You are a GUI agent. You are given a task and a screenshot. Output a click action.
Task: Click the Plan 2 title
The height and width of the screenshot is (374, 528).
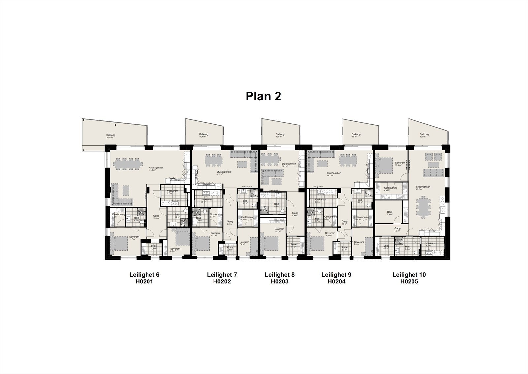point(263,96)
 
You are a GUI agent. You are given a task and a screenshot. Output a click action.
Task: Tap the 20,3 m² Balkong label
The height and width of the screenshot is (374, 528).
point(111,136)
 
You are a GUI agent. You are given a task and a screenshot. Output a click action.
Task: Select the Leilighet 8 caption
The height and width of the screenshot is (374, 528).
point(280,275)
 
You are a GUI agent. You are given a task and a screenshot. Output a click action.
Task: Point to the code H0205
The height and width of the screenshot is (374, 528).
point(409,282)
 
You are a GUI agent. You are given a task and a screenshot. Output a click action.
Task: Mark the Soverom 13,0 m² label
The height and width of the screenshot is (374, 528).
point(400,164)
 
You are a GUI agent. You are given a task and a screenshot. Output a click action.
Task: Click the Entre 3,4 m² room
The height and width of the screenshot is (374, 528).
point(154,247)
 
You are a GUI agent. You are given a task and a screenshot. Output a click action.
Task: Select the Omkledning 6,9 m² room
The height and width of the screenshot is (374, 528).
point(391,189)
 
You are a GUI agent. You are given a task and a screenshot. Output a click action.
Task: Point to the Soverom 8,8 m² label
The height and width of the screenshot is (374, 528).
point(175,250)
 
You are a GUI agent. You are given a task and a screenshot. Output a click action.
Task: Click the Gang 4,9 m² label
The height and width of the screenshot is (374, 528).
point(397,229)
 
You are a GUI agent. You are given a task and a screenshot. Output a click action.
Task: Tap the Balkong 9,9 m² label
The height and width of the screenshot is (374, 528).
point(356,136)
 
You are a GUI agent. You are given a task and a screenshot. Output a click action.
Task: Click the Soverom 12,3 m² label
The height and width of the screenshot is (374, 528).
point(280,230)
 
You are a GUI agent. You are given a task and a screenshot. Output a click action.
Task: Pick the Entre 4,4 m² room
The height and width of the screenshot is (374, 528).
point(293,246)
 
